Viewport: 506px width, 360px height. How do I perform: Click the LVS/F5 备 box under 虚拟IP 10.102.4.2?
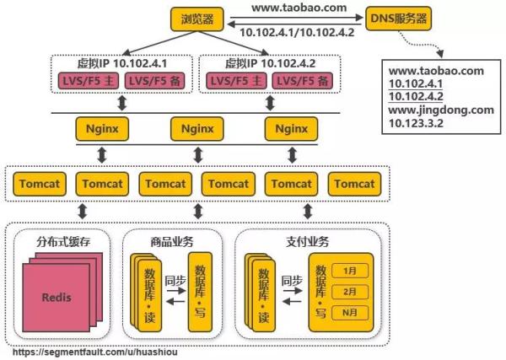(302, 80)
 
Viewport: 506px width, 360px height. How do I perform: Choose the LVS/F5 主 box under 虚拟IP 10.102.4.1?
(88, 80)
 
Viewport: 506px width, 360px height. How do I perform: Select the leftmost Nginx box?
(103, 129)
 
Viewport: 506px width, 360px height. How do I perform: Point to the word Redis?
(57, 298)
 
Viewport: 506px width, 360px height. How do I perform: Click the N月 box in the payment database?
(348, 312)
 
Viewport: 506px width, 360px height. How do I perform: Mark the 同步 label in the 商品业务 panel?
(175, 280)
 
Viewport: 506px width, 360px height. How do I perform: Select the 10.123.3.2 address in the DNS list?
(417, 123)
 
